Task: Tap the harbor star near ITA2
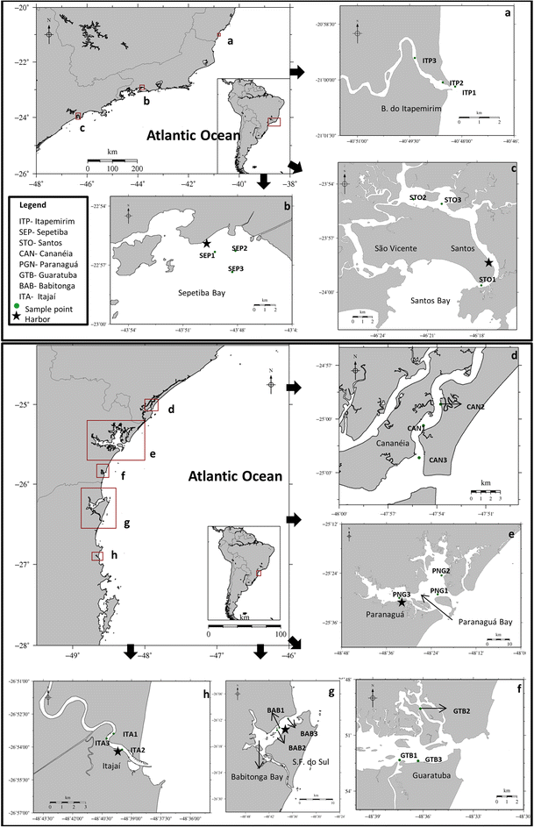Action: [x=117, y=764]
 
